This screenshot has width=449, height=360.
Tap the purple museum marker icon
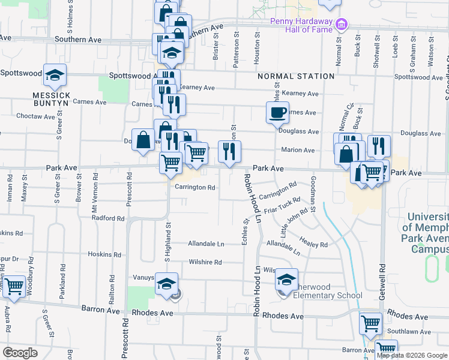click(x=342, y=25)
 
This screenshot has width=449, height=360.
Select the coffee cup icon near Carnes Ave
click(x=277, y=112)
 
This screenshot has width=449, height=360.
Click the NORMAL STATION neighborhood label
click(x=296, y=76)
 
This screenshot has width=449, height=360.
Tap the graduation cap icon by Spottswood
click(x=55, y=75)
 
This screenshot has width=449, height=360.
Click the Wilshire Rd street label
click(x=205, y=262)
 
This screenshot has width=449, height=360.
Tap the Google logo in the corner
click(x=20, y=353)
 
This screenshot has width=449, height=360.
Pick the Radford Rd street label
click(x=108, y=218)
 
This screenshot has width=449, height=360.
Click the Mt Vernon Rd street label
click(x=94, y=191)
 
